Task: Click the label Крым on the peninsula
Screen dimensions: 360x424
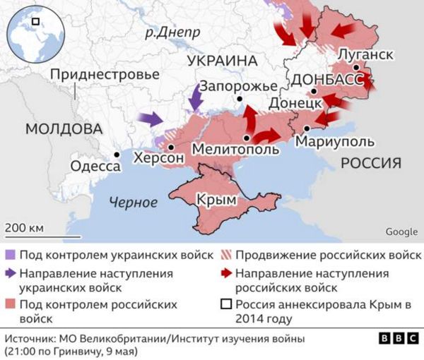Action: [216, 200]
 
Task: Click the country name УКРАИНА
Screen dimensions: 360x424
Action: [220, 61]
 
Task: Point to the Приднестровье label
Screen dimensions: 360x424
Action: [105, 74]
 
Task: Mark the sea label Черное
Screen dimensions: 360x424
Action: [133, 203]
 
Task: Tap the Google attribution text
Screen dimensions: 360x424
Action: [401, 232]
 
